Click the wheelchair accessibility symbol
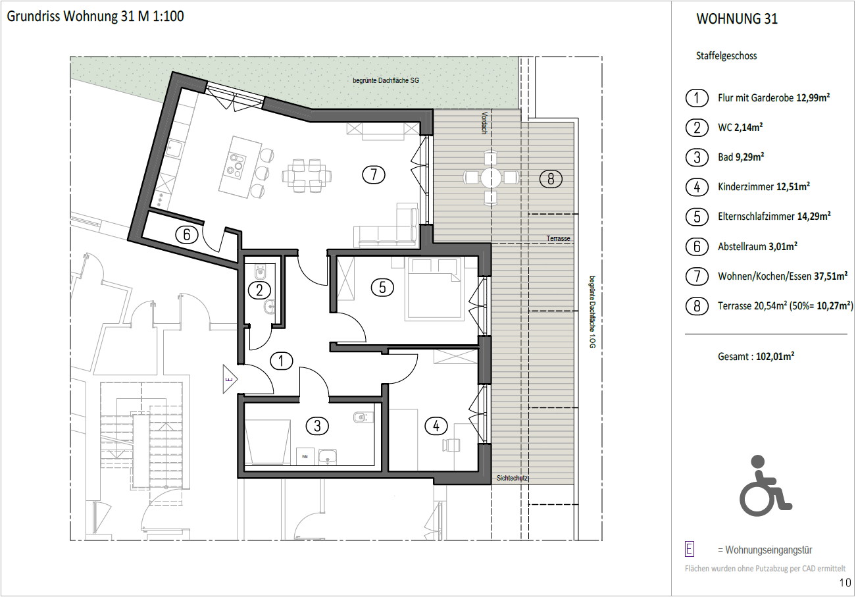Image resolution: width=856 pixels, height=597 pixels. (765, 485)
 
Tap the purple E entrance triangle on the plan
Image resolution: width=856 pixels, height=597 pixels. (230, 379)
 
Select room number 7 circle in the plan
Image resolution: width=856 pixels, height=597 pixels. (373, 174)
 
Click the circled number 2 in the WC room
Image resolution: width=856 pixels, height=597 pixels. (259, 290)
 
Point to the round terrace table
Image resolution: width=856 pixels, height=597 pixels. (491, 178)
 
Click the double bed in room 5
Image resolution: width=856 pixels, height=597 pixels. (434, 288)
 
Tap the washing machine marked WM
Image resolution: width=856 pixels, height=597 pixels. (305, 456)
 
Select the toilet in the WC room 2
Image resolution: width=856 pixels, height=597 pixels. (261, 272)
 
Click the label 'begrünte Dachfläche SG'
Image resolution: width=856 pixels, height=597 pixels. (386, 81)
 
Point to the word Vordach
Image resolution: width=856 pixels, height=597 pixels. (484, 122)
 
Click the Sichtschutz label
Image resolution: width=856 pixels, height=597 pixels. (512, 478)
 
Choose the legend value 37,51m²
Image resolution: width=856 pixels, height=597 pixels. (831, 276)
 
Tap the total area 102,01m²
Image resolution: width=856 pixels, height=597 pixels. (775, 357)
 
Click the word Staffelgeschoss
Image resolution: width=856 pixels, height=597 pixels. (726, 56)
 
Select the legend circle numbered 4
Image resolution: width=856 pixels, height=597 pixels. (697, 187)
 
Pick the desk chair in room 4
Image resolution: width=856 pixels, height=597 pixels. (451, 445)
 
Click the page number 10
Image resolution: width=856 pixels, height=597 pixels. (845, 583)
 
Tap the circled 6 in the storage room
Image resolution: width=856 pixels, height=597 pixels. (186, 234)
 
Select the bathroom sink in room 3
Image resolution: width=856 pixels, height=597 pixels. (327, 456)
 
